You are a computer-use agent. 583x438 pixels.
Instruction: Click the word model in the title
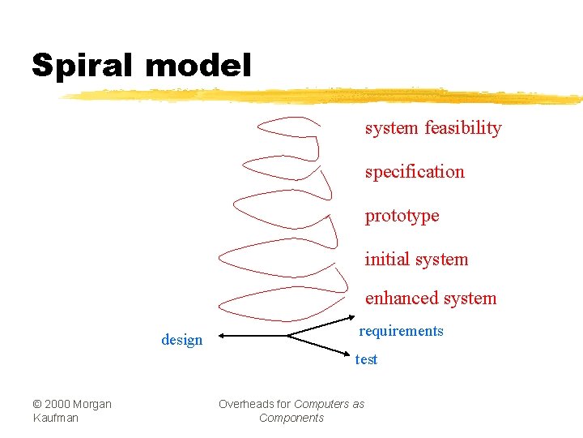tap(199, 65)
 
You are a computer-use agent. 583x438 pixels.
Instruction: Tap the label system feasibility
tap(433, 128)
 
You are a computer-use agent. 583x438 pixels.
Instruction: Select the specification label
tap(415, 172)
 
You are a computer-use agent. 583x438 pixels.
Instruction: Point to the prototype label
tap(402, 216)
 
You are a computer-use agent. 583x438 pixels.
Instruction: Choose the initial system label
tap(416, 260)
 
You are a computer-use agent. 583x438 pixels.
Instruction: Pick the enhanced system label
tap(431, 298)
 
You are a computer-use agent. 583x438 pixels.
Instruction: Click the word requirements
tap(402, 331)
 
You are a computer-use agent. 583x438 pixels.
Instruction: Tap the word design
tap(182, 340)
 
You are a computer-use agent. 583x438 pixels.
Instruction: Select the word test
tap(366, 359)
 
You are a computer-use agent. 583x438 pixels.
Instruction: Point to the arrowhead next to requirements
tap(353, 316)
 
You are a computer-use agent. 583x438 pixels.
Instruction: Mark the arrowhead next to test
tap(349, 352)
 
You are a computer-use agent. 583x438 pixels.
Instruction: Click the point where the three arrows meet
tap(289, 335)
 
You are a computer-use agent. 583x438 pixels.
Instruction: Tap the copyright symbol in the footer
tap(37, 404)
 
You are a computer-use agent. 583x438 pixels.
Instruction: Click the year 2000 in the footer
tap(57, 404)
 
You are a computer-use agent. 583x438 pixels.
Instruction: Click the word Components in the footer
tap(291, 418)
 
